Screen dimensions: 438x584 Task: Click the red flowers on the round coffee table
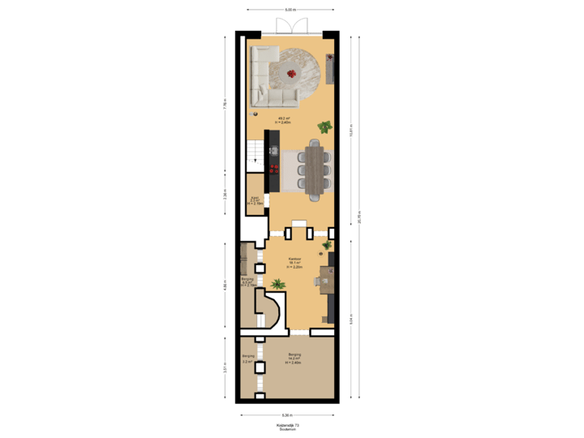pos(292,73)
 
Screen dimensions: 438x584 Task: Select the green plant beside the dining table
pos(324,127)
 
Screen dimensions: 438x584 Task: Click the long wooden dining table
pos(314,170)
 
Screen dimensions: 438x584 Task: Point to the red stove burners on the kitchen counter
pos(273,170)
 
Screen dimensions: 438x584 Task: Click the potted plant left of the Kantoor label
pos(278,285)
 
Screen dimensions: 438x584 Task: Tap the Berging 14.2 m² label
pos(294,358)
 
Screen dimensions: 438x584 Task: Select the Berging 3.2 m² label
pos(248,358)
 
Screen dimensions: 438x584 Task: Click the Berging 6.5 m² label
pos(247,281)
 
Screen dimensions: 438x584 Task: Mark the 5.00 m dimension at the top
pos(290,10)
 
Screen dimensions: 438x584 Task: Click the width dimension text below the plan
pos(288,414)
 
